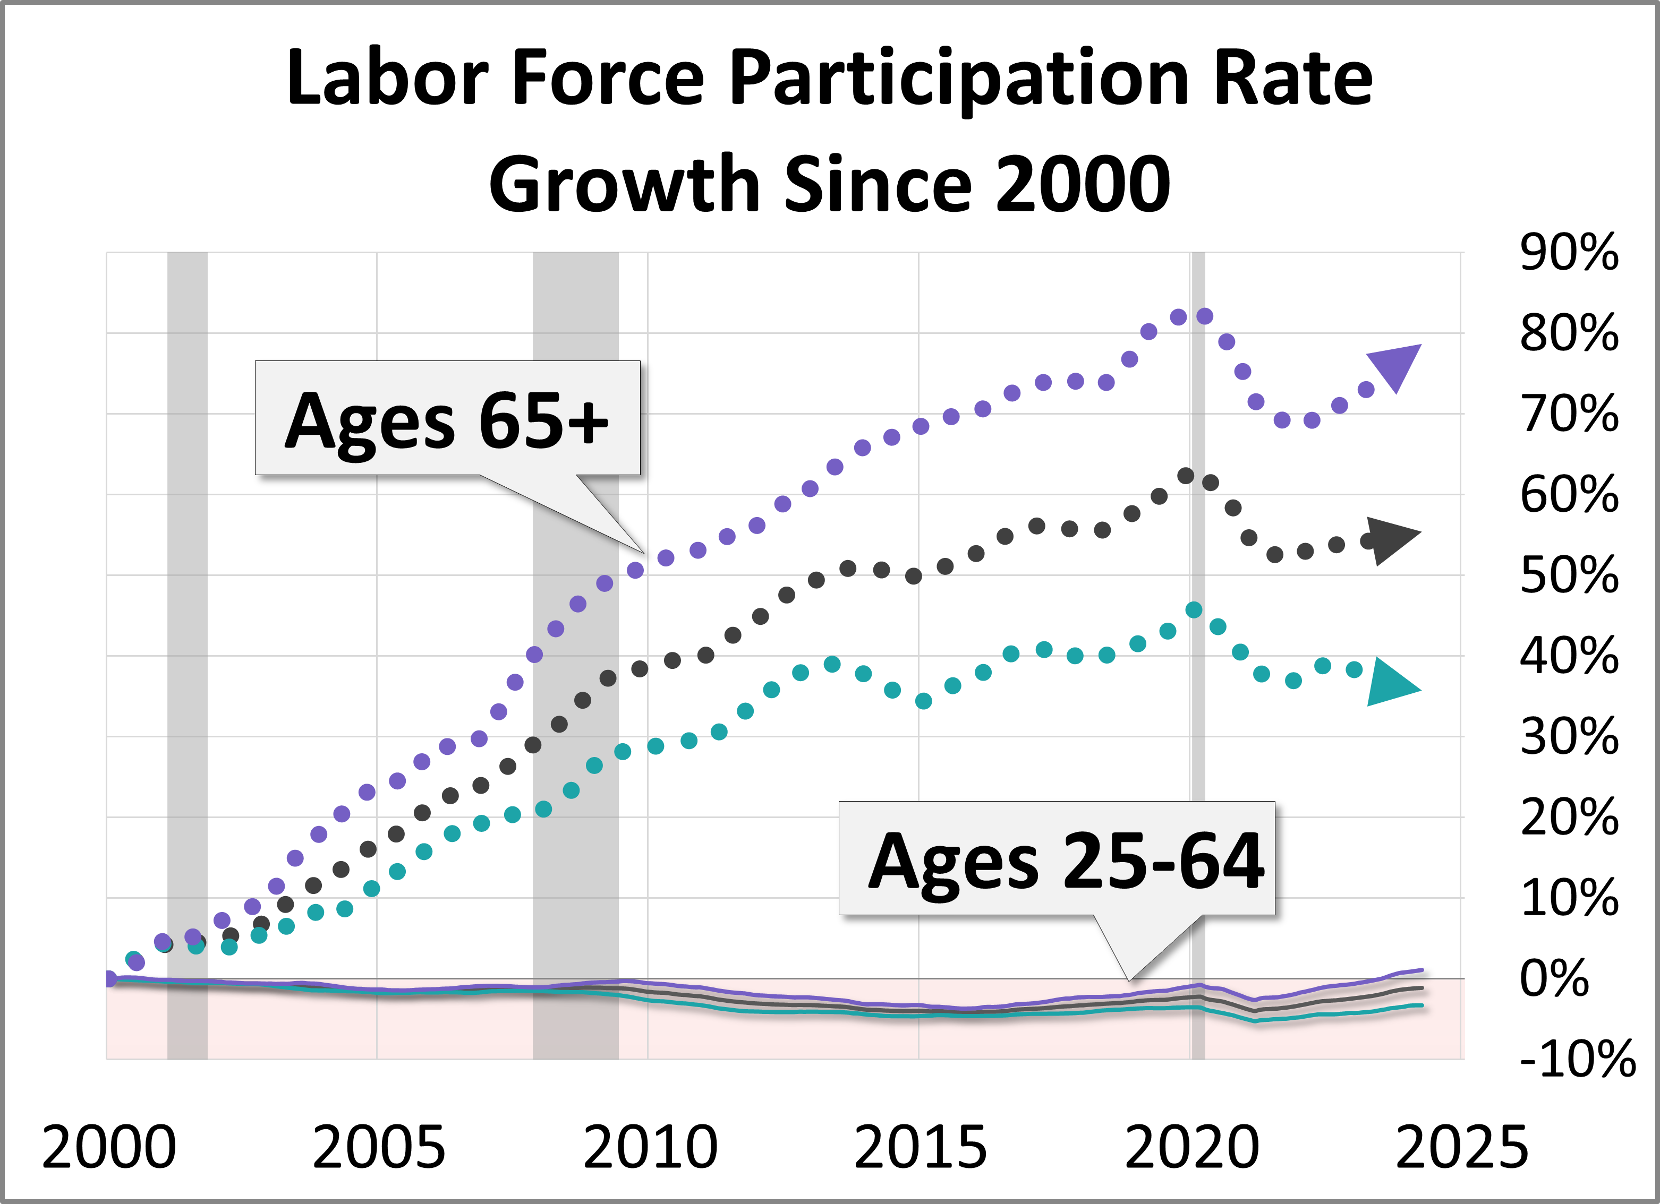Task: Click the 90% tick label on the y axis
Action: [x=1569, y=253]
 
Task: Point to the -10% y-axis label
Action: [x=1577, y=1059]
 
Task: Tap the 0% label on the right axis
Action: [x=1554, y=978]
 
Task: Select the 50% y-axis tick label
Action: [x=1569, y=575]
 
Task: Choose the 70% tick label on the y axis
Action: [x=1569, y=414]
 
